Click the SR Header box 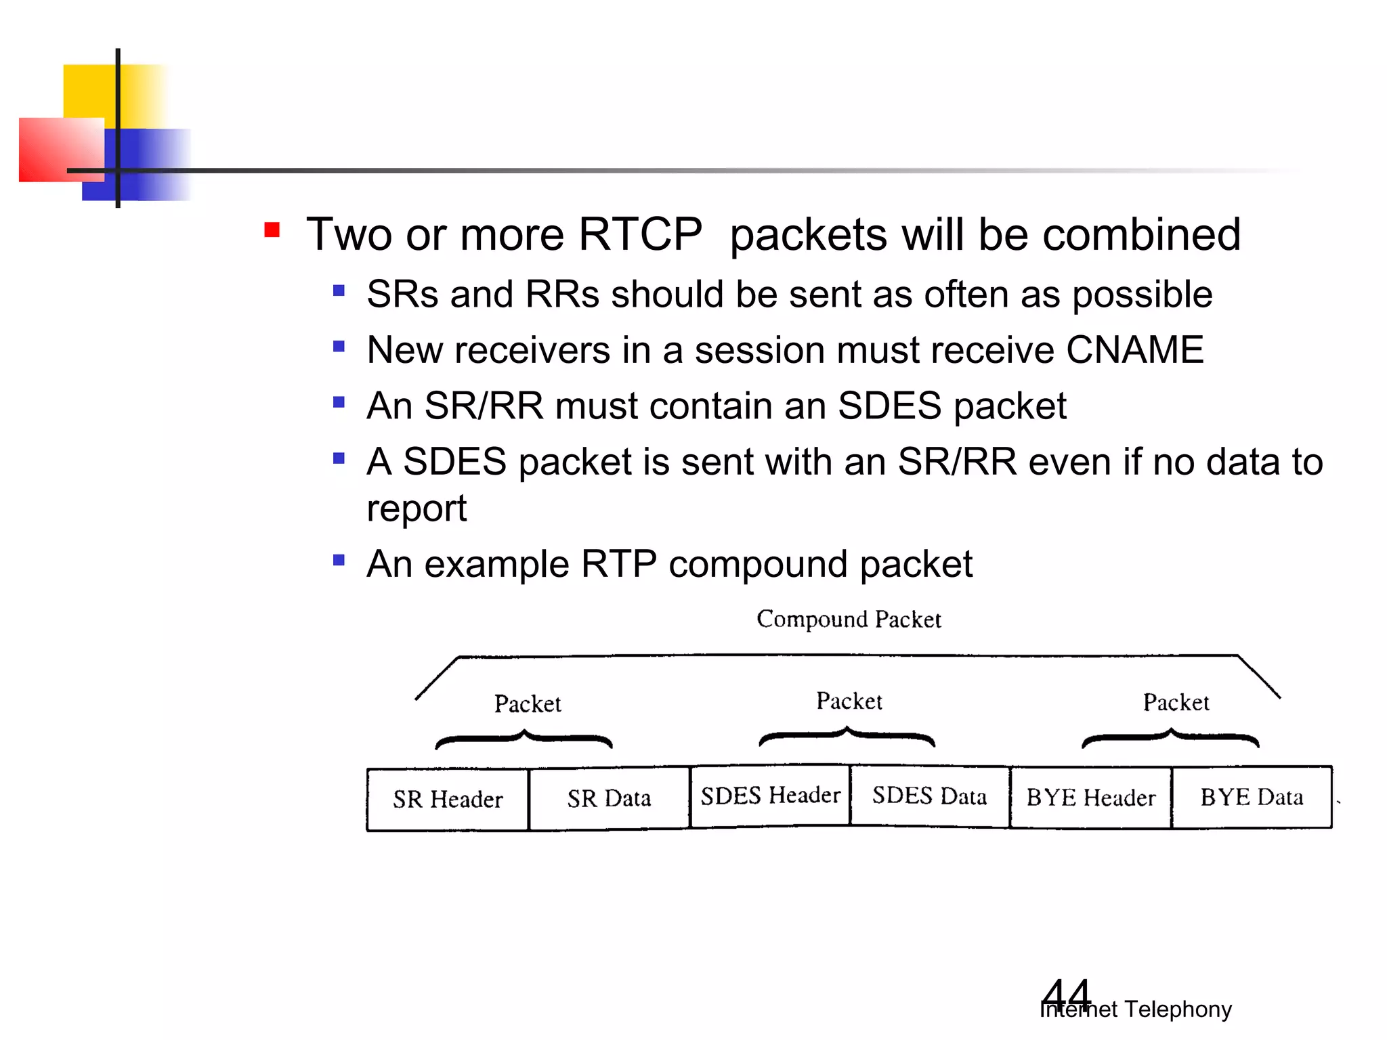(x=448, y=800)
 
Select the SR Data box (x=609, y=799)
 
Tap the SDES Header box (x=770, y=796)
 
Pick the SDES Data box (x=929, y=796)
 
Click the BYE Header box (x=1090, y=798)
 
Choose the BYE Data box (x=1252, y=797)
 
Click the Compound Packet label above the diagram (x=849, y=619)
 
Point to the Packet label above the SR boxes (x=528, y=704)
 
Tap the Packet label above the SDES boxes (x=849, y=701)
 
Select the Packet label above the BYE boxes (x=1176, y=703)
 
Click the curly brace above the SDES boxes (x=847, y=737)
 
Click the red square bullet (x=272, y=230)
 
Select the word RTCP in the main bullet (x=640, y=235)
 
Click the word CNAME (x=1134, y=350)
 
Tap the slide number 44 (x=1067, y=995)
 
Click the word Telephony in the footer (x=1178, y=1010)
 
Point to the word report (x=417, y=509)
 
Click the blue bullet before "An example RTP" (x=339, y=560)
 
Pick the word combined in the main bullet (x=1141, y=235)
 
